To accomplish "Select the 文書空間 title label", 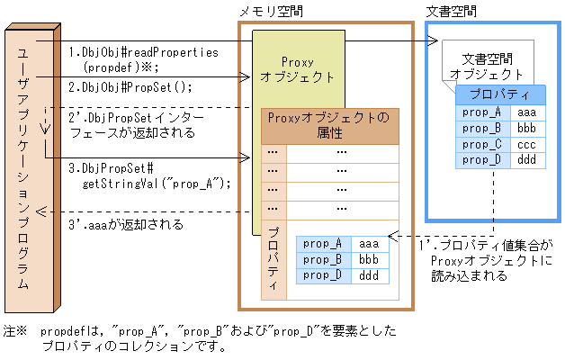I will pos(451,11).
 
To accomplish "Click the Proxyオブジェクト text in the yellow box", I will pos(297,70).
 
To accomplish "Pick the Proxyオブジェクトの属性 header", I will pos(329,125).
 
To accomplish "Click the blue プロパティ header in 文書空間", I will pos(500,94).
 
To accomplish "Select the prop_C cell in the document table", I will pos(481,144).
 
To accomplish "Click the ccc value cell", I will pos(527,144).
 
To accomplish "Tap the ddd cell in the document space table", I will pos(527,160).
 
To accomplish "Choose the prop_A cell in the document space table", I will pos(481,112).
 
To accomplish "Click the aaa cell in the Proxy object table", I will pos(369,243).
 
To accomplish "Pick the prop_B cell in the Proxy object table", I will pos(323,259).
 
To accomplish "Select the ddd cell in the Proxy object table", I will pos(369,275).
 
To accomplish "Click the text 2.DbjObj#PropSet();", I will pos(131,87).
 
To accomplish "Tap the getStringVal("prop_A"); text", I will pos(156,183).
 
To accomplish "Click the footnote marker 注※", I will pos(16,331).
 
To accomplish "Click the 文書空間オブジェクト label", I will pos(486,66).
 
